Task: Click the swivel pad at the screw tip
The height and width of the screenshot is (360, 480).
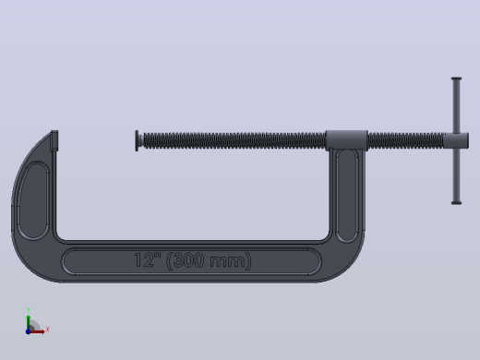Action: tap(138, 140)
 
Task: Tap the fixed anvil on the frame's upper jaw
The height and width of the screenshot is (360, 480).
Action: tap(54, 140)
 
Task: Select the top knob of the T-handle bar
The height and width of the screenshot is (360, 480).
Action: tap(456, 78)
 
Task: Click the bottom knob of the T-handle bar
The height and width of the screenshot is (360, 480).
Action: tap(456, 203)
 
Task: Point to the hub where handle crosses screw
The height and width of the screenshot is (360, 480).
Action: tap(457, 140)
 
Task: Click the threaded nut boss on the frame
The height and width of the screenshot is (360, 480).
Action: tap(346, 140)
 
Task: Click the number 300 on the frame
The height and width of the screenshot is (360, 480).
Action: tap(188, 260)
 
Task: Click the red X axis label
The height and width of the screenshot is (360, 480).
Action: tap(47, 330)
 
